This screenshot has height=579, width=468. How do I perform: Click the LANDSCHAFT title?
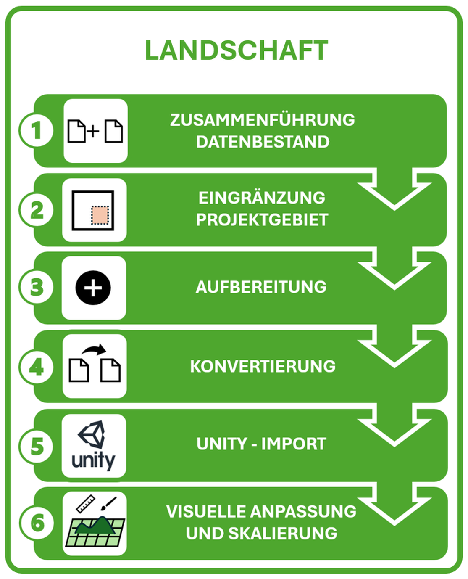coord(236,50)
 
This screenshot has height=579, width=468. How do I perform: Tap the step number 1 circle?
coord(36,130)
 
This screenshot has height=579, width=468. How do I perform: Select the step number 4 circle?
coord(36,367)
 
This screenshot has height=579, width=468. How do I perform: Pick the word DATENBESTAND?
coord(263,142)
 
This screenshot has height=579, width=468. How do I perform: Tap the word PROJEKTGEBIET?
coord(262,219)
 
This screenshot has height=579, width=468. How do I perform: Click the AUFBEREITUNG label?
coord(261,287)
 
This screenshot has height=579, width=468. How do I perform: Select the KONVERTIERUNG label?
coord(263,366)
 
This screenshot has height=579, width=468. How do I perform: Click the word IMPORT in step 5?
coord(294,444)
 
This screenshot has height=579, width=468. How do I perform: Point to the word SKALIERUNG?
coord(282,533)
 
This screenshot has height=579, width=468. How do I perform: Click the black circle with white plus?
coord(93,288)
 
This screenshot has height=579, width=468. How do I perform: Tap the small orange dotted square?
coord(100,215)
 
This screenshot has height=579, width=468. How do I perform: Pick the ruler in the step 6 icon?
coord(86,504)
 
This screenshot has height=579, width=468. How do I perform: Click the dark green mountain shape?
coord(95,526)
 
